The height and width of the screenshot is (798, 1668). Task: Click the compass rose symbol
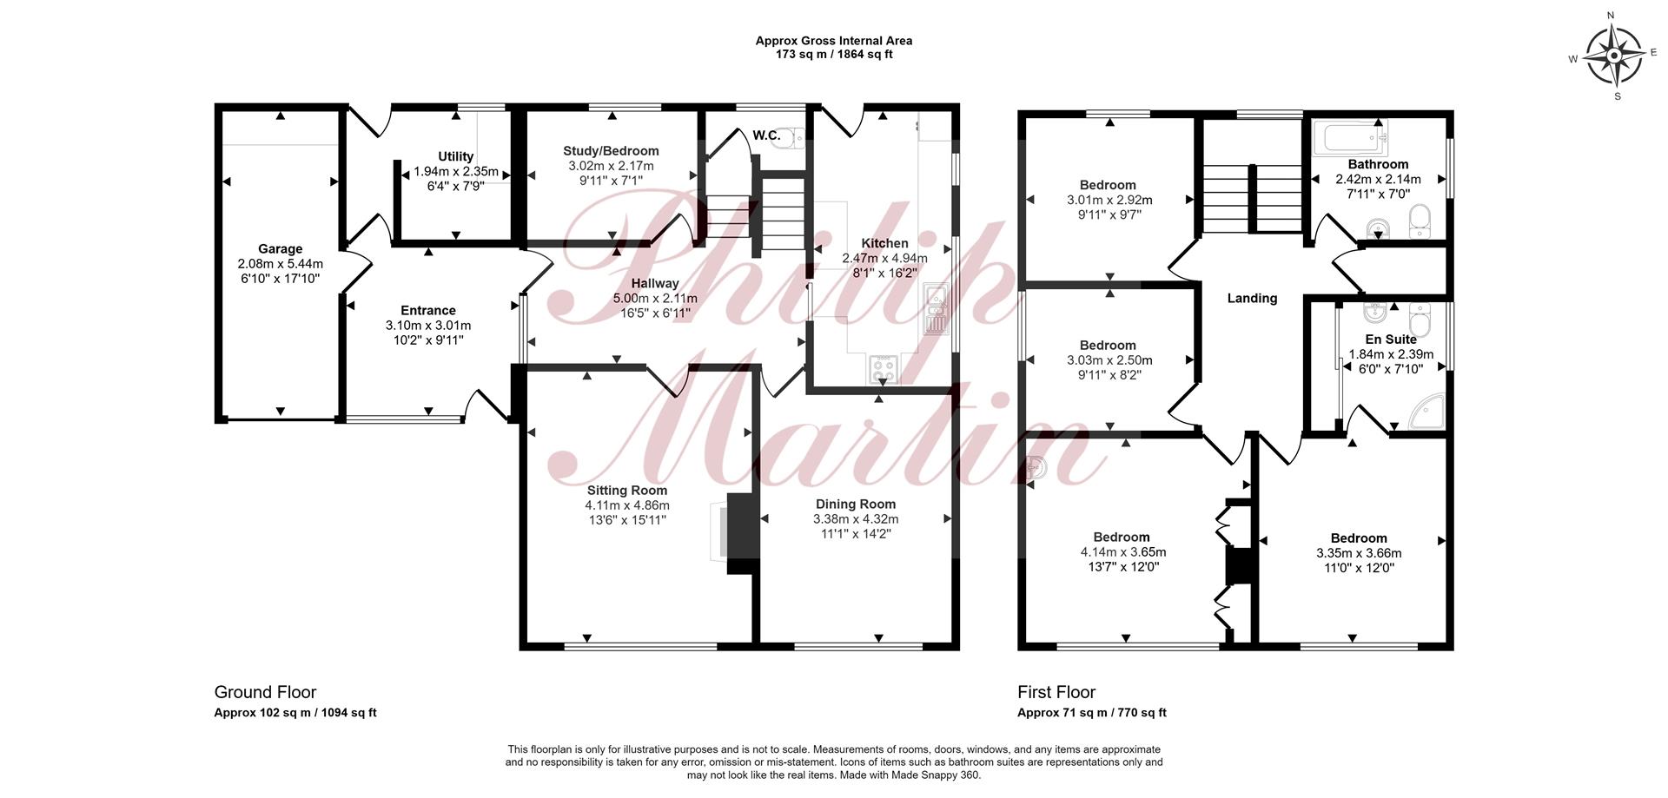click(1613, 56)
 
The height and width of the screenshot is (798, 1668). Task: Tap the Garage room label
click(280, 249)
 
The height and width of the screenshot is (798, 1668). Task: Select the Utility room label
click(455, 156)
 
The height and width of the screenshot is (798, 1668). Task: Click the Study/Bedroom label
click(611, 151)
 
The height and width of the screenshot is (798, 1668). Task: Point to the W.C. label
click(766, 135)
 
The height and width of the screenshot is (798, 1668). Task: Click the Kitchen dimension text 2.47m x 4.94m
click(884, 258)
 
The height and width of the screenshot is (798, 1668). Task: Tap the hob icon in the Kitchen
click(884, 369)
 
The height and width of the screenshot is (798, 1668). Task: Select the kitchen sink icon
click(936, 308)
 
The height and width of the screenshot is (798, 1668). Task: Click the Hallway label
click(655, 283)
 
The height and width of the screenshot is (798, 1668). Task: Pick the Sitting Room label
click(627, 491)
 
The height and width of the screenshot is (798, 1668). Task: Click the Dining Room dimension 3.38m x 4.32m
click(856, 519)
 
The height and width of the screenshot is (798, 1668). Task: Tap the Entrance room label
click(428, 311)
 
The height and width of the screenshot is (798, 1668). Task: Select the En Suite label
click(1391, 340)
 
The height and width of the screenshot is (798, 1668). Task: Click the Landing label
click(1252, 299)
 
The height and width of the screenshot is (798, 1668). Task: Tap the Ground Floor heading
click(265, 692)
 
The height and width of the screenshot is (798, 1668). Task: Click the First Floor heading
click(1056, 692)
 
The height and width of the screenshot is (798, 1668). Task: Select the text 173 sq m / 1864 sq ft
click(834, 55)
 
